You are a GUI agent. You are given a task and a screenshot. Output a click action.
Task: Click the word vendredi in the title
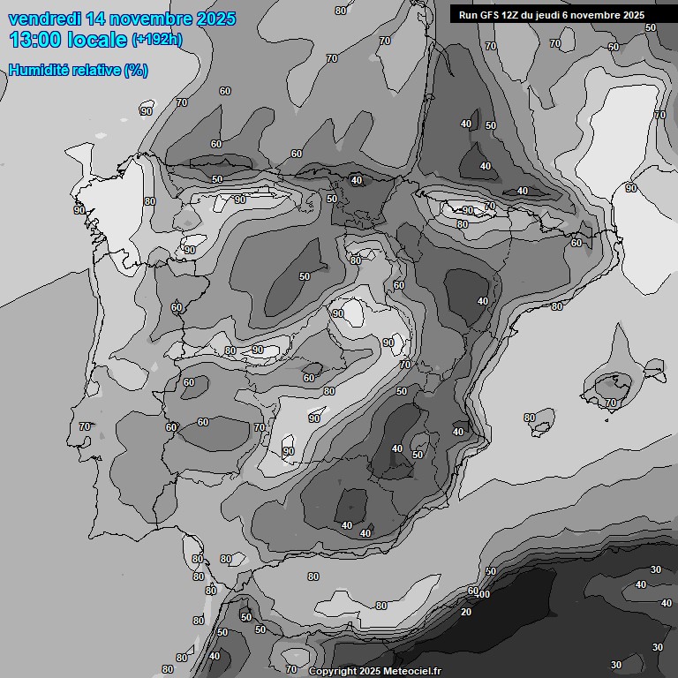[x=43, y=19]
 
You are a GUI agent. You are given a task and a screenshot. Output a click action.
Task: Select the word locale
[x=98, y=40]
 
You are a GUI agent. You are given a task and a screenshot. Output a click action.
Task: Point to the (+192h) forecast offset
[x=156, y=40]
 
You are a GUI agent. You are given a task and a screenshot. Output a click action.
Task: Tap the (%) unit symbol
[x=136, y=70]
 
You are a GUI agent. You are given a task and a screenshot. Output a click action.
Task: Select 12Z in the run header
[x=513, y=15]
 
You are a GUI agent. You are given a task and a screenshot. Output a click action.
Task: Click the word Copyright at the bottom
[x=335, y=671]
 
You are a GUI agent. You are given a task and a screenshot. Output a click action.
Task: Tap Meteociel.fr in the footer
[x=411, y=671]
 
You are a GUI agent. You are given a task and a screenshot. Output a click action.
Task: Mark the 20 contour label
[x=465, y=612]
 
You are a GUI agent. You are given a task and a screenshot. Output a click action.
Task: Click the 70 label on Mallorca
[x=611, y=403]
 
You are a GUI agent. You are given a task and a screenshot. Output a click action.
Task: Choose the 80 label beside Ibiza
[x=529, y=418]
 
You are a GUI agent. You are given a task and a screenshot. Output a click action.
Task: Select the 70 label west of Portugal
[x=85, y=426]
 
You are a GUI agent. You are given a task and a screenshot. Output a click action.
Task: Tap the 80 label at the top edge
[x=341, y=11]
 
